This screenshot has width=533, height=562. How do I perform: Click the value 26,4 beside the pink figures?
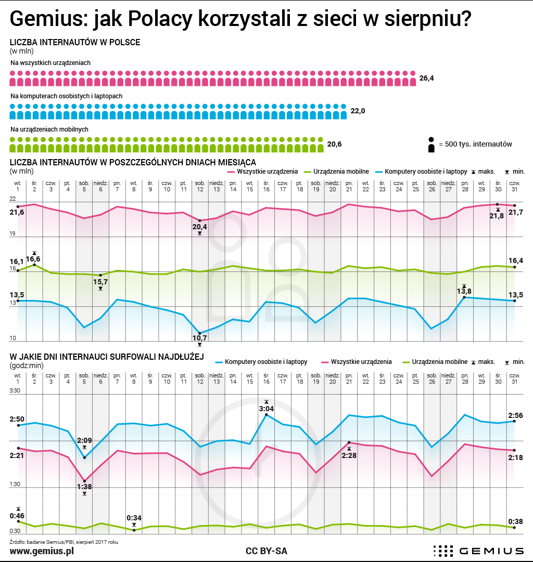point(426,79)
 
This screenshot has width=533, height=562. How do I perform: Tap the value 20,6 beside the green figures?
point(334,144)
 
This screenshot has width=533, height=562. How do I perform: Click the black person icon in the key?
point(431,145)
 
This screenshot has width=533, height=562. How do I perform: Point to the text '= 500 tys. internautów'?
point(475,144)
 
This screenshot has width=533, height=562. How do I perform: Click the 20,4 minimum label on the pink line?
point(199,227)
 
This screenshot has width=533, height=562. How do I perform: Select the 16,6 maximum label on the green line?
point(34,258)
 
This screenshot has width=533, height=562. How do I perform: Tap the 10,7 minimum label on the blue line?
point(199,338)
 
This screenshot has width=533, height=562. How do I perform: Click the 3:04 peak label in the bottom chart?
point(266,409)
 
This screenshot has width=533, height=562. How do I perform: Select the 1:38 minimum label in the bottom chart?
point(84,487)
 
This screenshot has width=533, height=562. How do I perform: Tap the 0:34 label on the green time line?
point(134,518)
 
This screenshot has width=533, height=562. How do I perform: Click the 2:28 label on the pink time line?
point(349,455)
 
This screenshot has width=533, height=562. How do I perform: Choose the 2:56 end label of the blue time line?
point(515,415)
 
